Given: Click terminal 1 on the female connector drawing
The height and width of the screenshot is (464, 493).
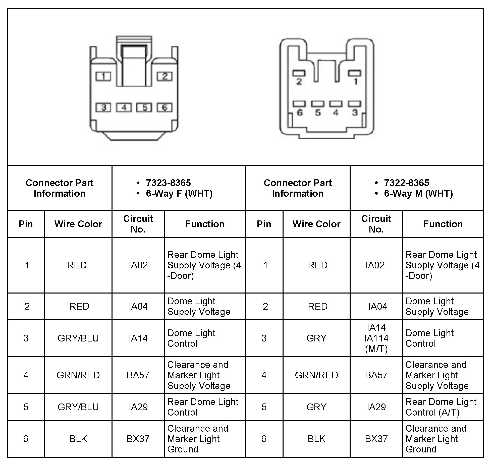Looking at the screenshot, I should pos(103,76).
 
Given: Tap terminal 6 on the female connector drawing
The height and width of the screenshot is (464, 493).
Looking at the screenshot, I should pos(165,107).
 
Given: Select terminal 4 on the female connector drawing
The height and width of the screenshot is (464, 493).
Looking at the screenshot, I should pos(124,107).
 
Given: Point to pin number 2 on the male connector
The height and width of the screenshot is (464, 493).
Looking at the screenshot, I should pos(299,74).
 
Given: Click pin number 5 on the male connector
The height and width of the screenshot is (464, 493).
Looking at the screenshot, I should pos(317,104).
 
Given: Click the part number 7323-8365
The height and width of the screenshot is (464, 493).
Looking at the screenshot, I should pos(168,183).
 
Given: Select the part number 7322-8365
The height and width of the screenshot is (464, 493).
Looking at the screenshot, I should pos(406,183).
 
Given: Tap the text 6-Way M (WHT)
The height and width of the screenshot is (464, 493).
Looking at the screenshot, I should pos(418,194).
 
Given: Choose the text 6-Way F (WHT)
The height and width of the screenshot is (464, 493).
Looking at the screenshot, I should pos(179,194).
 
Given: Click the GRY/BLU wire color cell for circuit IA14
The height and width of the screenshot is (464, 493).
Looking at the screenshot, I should pos(78,338).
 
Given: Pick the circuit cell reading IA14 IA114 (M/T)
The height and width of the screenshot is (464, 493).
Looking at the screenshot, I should pos(376,338).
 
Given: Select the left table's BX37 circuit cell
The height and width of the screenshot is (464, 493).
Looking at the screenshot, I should pos(138,439).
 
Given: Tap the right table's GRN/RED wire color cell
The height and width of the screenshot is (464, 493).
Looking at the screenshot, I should pos(316,375).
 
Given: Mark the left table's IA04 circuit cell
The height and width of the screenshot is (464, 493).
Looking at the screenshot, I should pos(138,306).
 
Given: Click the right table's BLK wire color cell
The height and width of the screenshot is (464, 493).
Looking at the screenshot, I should pos(316,439).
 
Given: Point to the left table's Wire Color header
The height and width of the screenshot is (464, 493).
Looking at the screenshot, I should pos(78,224).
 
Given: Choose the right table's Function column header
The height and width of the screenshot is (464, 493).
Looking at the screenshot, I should pos(443,224).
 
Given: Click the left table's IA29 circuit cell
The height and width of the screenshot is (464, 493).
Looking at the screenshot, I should pos(138,407).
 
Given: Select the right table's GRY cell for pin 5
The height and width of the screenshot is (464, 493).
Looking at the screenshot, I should pos(316,407).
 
